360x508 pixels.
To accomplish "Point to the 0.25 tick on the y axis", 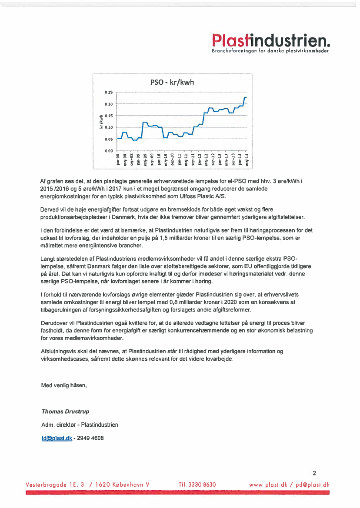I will pyautogui.click(x=109, y=93).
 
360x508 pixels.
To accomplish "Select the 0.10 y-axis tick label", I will pyautogui.click(x=109, y=127).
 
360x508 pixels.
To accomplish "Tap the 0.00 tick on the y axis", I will pyautogui.click(x=109, y=151).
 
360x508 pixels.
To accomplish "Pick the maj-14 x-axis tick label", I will pyautogui.click(x=247, y=159).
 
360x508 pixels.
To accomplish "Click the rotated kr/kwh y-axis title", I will pyautogui.click(x=101, y=122).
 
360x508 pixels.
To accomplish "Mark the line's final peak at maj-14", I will pyautogui.click(x=246, y=97).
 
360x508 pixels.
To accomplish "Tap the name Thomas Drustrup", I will pyautogui.click(x=65, y=411).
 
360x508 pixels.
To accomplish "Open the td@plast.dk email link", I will pyautogui.click(x=57, y=438).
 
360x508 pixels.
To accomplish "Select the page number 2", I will pyautogui.click(x=314, y=473).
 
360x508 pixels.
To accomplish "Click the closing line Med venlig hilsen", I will pyautogui.click(x=63, y=385).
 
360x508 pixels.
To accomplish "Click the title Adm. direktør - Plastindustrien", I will pyautogui.click(x=79, y=425).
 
